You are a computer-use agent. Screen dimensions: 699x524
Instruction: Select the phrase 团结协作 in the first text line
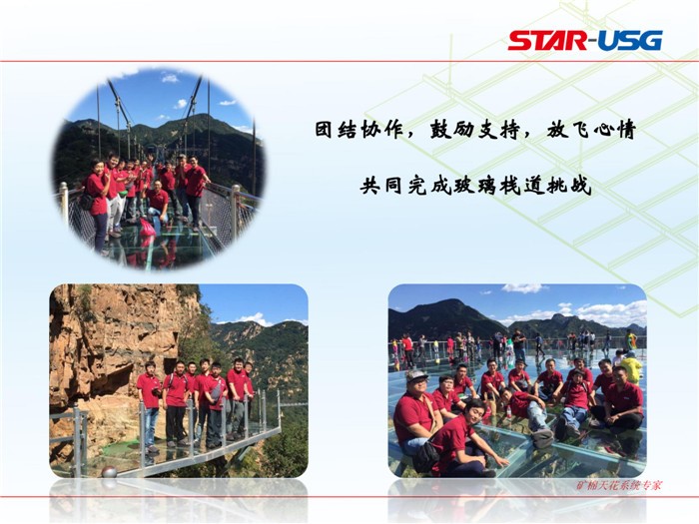click(358, 131)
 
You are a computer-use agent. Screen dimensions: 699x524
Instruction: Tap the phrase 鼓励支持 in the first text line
click(474, 131)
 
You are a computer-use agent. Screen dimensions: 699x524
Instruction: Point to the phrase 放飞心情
click(591, 131)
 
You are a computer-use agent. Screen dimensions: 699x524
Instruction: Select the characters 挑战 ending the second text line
click(569, 185)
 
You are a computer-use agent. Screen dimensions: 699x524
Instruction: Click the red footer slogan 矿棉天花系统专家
click(619, 485)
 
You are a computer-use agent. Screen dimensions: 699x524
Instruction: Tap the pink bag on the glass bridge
click(148, 228)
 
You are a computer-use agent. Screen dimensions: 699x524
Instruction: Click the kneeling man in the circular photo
click(158, 201)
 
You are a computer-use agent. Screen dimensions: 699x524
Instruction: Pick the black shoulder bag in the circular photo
click(86, 201)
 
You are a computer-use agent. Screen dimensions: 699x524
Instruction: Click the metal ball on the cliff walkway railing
click(109, 472)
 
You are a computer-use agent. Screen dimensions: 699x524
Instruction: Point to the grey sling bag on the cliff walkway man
click(217, 391)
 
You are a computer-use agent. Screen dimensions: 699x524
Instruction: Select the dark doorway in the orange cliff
click(169, 366)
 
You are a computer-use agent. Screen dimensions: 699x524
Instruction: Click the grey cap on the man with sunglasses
click(416, 375)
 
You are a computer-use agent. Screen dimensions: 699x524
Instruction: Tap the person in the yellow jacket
click(631, 366)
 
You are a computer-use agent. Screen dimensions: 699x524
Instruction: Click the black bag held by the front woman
click(425, 455)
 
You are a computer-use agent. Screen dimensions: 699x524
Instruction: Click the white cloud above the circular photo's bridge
click(170, 79)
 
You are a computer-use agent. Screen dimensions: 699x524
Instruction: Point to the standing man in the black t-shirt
click(519, 345)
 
